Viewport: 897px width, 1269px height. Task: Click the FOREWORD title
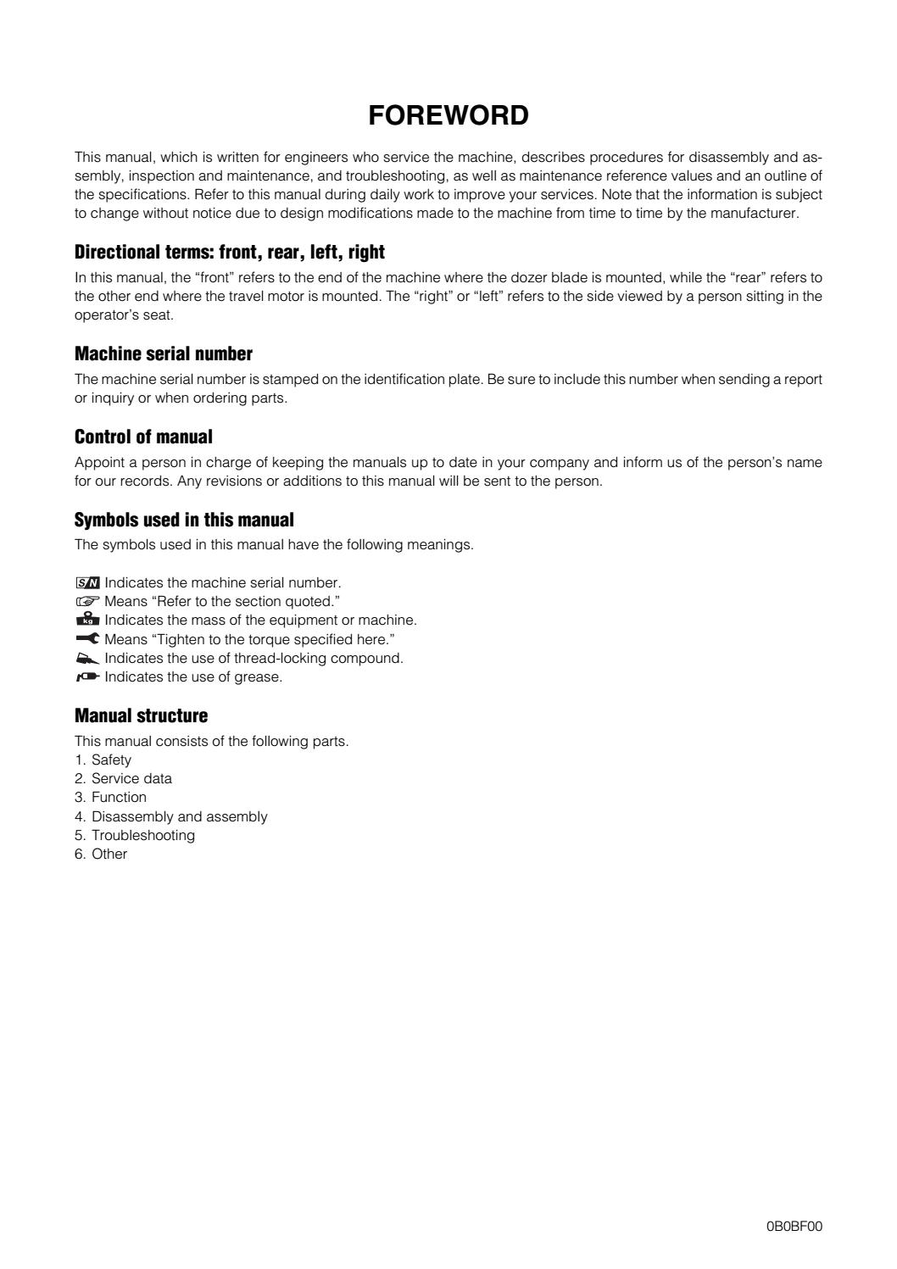(x=448, y=115)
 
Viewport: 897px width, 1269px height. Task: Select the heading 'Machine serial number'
(x=164, y=353)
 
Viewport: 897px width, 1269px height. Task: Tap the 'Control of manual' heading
(x=143, y=437)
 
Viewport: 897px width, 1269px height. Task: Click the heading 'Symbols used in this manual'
(x=184, y=520)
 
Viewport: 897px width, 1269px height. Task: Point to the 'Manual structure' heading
(x=141, y=715)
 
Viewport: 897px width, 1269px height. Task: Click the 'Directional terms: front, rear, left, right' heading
(x=230, y=252)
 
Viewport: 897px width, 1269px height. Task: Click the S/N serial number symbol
(x=87, y=583)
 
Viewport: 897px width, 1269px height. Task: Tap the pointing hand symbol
(x=87, y=602)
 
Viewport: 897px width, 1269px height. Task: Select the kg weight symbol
(x=87, y=620)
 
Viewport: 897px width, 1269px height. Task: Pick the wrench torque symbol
(x=87, y=639)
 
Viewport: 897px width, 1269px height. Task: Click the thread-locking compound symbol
(x=87, y=658)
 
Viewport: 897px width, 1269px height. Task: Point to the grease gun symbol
(x=87, y=676)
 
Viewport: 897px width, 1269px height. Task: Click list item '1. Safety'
(x=103, y=760)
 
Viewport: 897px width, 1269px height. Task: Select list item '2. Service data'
(x=123, y=778)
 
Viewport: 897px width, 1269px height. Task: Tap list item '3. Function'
(x=110, y=797)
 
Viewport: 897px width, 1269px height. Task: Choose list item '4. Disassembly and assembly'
(x=170, y=816)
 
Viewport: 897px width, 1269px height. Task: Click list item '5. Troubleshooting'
(x=135, y=835)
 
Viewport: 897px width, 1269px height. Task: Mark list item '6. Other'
(x=101, y=854)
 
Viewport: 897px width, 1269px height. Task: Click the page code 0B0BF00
(x=794, y=1225)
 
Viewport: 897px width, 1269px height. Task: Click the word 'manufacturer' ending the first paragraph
(x=756, y=214)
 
